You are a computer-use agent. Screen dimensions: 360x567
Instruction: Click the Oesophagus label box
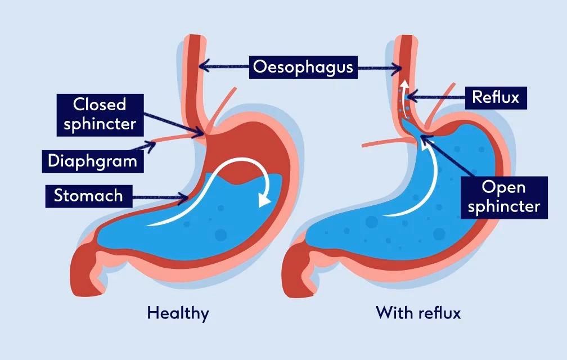pyautogui.click(x=303, y=67)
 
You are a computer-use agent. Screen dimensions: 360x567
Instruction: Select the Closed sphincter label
pyautogui.click(x=100, y=114)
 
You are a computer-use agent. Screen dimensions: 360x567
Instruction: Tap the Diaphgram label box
pyautogui.click(x=92, y=161)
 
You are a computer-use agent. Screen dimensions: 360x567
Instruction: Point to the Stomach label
pyautogui.click(x=88, y=196)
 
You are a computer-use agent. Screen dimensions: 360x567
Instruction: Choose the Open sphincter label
pyautogui.click(x=503, y=197)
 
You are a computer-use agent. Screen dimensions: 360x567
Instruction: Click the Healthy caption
pyautogui.click(x=178, y=313)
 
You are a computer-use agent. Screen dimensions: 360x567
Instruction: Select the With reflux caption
pyautogui.click(x=418, y=313)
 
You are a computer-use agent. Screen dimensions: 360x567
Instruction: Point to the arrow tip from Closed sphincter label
pyautogui.click(x=206, y=133)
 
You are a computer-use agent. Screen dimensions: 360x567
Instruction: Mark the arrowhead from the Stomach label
pyautogui.click(x=188, y=197)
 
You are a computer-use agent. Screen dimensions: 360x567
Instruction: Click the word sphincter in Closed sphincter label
pyautogui.click(x=100, y=124)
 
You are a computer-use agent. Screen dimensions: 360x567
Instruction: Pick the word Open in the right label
pyautogui.click(x=503, y=187)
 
